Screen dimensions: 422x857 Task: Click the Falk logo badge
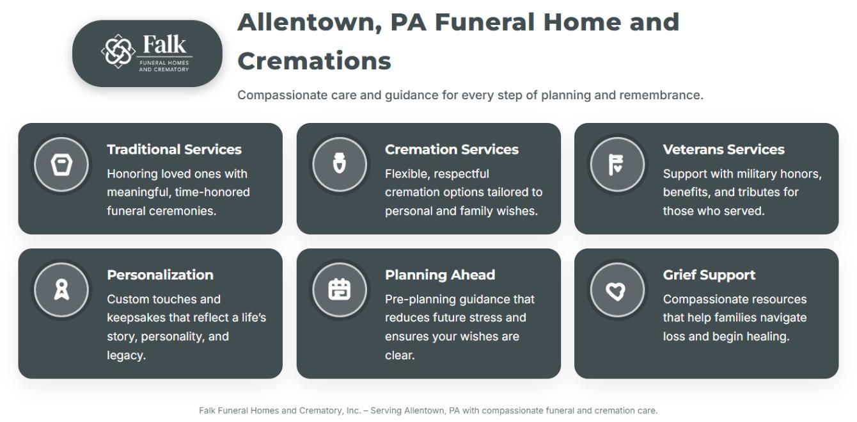[147, 54]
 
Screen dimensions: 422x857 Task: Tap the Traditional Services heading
[174, 149]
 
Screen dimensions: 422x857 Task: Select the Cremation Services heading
[452, 149]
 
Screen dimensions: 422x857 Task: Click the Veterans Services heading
[723, 149]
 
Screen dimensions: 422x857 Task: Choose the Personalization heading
[160, 275]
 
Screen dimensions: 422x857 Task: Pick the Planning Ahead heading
[440, 275]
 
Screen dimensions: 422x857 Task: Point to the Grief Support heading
[709, 275]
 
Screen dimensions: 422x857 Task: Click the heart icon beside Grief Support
[616, 291]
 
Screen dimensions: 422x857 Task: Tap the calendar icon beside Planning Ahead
[340, 289]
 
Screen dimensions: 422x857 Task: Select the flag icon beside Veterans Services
[616, 165]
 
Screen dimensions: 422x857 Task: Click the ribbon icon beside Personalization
[61, 289]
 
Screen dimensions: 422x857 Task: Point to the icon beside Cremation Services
[340, 165]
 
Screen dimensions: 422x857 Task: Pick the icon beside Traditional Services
[61, 165]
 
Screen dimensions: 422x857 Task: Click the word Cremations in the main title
[314, 61]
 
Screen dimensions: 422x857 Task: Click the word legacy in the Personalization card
[125, 355]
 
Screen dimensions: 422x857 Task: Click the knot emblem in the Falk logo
[118, 51]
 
